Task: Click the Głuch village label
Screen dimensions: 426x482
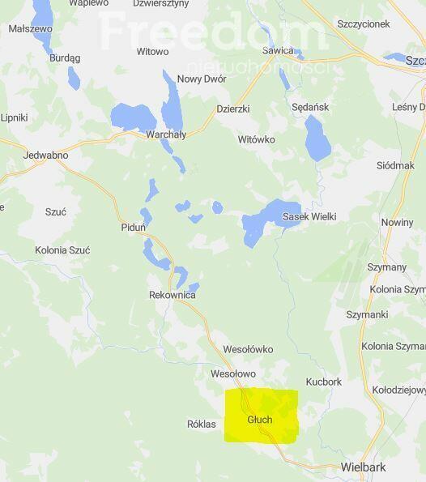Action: [x=260, y=420]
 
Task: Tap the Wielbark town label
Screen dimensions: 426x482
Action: [x=364, y=467]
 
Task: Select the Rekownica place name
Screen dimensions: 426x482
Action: [x=173, y=295]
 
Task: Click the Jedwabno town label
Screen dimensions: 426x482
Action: [x=46, y=155]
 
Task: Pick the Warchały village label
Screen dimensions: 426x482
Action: [x=165, y=134]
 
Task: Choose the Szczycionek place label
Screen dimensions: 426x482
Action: [x=364, y=24]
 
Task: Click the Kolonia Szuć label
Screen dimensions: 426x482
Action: [x=62, y=250]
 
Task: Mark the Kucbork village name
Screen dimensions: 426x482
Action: [x=324, y=382]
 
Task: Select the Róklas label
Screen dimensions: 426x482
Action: [x=202, y=424]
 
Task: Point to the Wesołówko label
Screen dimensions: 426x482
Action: [x=248, y=350]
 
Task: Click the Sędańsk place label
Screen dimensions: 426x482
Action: [x=310, y=107]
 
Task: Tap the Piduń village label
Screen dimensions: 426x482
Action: [x=133, y=227]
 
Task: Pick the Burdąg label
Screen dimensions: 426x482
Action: [x=65, y=58]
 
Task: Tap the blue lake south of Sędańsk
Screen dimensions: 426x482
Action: [x=317, y=138]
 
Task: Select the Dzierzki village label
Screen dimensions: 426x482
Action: [x=233, y=109]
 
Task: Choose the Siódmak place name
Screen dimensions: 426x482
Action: [x=395, y=165]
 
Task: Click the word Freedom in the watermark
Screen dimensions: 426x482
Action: [x=212, y=31]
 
